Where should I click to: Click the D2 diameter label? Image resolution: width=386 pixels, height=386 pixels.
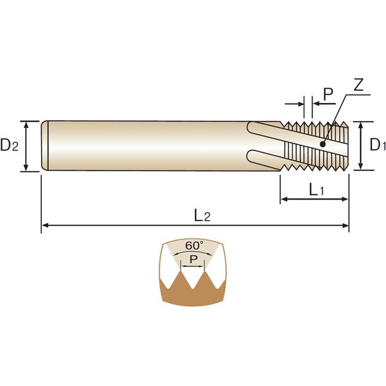pyautogui.click(x=10, y=145)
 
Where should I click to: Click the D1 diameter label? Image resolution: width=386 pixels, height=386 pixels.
pyautogui.click(x=378, y=145)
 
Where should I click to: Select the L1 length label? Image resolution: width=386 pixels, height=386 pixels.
pyautogui.click(x=317, y=190)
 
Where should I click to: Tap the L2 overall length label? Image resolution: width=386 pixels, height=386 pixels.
pyautogui.click(x=203, y=216)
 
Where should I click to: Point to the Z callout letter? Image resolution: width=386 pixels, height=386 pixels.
pyautogui.click(x=358, y=85)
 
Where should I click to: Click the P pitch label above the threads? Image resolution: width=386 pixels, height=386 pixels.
pyautogui.click(x=328, y=95)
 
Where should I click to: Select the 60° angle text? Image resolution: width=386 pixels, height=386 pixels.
pyautogui.click(x=194, y=246)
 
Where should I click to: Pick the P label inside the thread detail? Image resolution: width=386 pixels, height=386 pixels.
pyautogui.click(x=194, y=259)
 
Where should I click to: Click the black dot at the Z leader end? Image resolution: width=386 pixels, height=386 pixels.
pyautogui.click(x=322, y=145)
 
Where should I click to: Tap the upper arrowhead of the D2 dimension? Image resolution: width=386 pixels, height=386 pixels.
pyautogui.click(x=26, y=124)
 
